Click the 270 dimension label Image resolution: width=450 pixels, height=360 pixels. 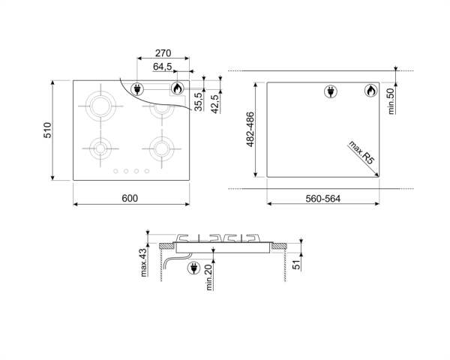[x=163, y=53]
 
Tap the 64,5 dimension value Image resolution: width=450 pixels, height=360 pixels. [x=163, y=67]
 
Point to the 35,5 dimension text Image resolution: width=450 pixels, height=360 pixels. [x=199, y=100]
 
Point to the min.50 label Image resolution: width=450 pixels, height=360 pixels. [x=391, y=100]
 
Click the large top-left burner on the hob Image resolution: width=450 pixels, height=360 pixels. [x=103, y=106]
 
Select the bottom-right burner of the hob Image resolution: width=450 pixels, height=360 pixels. [x=160, y=147]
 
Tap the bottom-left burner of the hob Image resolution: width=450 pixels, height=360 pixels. [x=100, y=147]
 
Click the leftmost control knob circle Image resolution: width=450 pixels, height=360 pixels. [x=115, y=172]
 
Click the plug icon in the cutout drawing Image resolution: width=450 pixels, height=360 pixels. [x=330, y=91]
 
